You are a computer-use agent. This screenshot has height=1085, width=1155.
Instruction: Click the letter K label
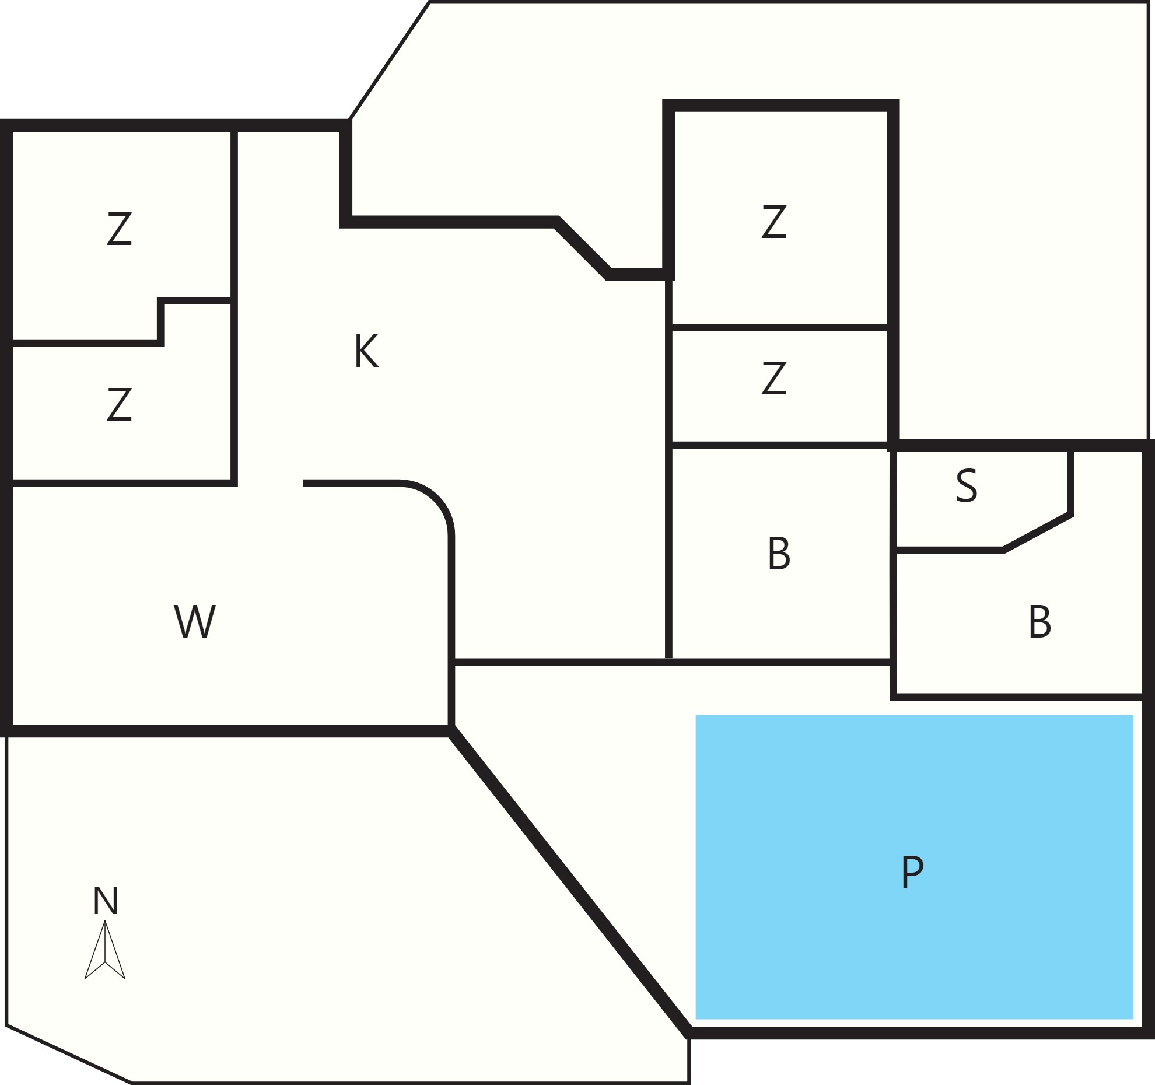tap(366, 351)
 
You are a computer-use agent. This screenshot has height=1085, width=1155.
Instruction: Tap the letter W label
tap(195, 621)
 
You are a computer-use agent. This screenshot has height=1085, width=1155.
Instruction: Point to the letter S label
tap(967, 485)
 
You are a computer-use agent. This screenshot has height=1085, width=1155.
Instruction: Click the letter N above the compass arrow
tap(106, 901)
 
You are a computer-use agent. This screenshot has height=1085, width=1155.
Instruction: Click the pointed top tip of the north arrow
tap(105, 921)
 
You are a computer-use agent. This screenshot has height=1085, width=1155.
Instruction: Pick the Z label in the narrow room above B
tap(774, 378)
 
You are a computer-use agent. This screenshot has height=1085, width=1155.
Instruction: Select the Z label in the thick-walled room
tap(774, 222)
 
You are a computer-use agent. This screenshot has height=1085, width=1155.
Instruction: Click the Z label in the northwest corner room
tap(119, 229)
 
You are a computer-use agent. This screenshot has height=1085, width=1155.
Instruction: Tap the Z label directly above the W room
tap(119, 404)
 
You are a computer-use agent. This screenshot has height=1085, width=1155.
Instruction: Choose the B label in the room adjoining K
tap(779, 554)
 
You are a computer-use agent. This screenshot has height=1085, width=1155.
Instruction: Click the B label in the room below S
tap(1040, 622)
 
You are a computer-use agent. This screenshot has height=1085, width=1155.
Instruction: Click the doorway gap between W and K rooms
tap(270, 483)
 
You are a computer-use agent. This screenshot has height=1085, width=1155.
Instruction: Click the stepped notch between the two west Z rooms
tap(160, 321)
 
